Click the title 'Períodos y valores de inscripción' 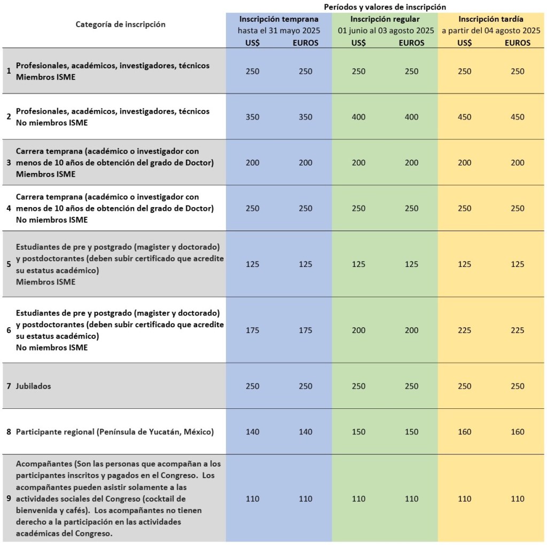click(x=385, y=6)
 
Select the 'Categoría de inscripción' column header click(x=120, y=25)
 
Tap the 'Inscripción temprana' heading click(x=278, y=19)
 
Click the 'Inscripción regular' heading click(x=385, y=19)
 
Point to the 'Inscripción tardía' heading click(x=490, y=19)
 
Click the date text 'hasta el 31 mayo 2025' click(x=278, y=31)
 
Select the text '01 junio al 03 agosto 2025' click(x=385, y=31)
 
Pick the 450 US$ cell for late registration click(x=465, y=117)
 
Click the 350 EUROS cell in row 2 click(x=306, y=117)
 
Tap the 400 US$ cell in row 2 click(x=358, y=117)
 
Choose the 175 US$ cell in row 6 click(x=252, y=330)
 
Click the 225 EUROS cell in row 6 click(x=517, y=330)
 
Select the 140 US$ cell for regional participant click(x=252, y=432)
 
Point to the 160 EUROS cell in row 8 click(x=517, y=432)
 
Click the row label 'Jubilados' click(x=34, y=386)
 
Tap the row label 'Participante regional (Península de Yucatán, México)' click(x=114, y=432)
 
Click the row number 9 click(x=9, y=499)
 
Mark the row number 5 click(x=9, y=264)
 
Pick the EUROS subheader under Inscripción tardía click(x=517, y=43)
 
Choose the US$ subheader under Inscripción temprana click(x=252, y=43)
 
